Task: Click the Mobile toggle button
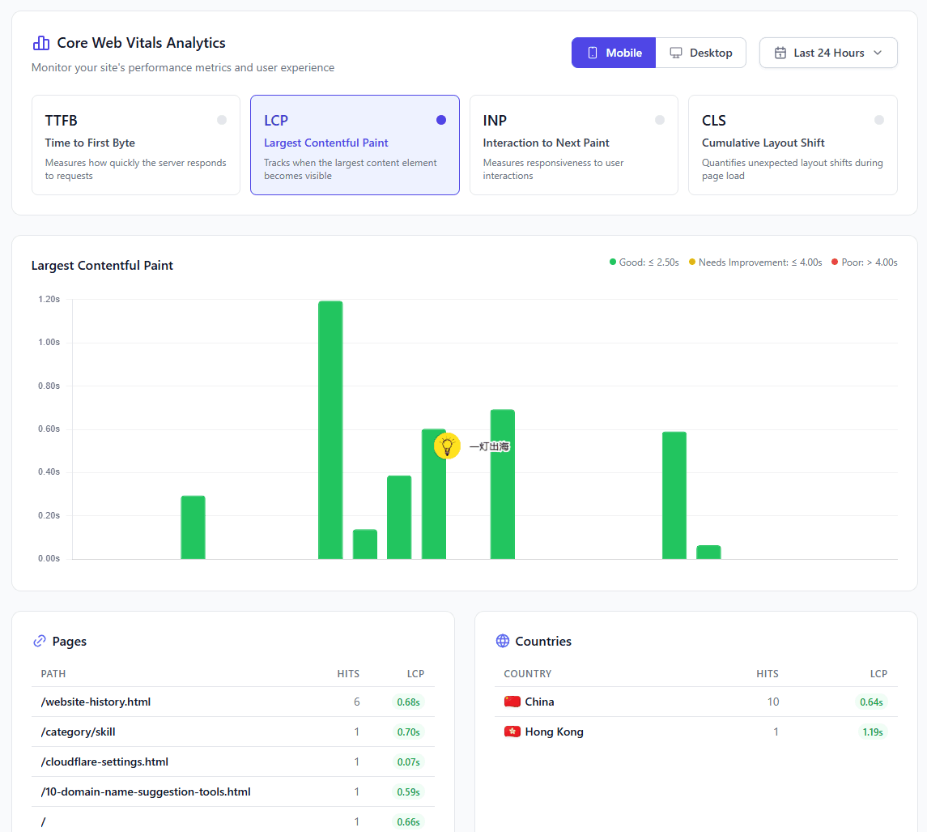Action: tap(613, 53)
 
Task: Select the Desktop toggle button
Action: tap(700, 53)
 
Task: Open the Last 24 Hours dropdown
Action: tap(828, 53)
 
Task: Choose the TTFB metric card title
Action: tap(61, 121)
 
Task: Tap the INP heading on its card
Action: tap(495, 121)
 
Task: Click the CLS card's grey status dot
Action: tap(879, 120)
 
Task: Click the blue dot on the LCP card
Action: tap(441, 120)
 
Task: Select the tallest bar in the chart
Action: tap(330, 430)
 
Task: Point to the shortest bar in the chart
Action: tap(709, 553)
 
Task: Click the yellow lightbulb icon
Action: tap(447, 446)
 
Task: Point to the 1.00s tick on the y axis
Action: tap(49, 342)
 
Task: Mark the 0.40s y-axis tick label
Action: tap(49, 471)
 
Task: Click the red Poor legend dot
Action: tap(835, 262)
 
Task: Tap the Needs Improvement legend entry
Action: tap(755, 262)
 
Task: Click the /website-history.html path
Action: tap(96, 702)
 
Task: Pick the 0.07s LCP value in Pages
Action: tap(409, 762)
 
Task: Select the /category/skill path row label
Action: tap(78, 732)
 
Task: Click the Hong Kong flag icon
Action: tap(512, 732)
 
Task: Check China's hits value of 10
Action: tap(773, 702)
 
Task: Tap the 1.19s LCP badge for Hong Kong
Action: tap(873, 732)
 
